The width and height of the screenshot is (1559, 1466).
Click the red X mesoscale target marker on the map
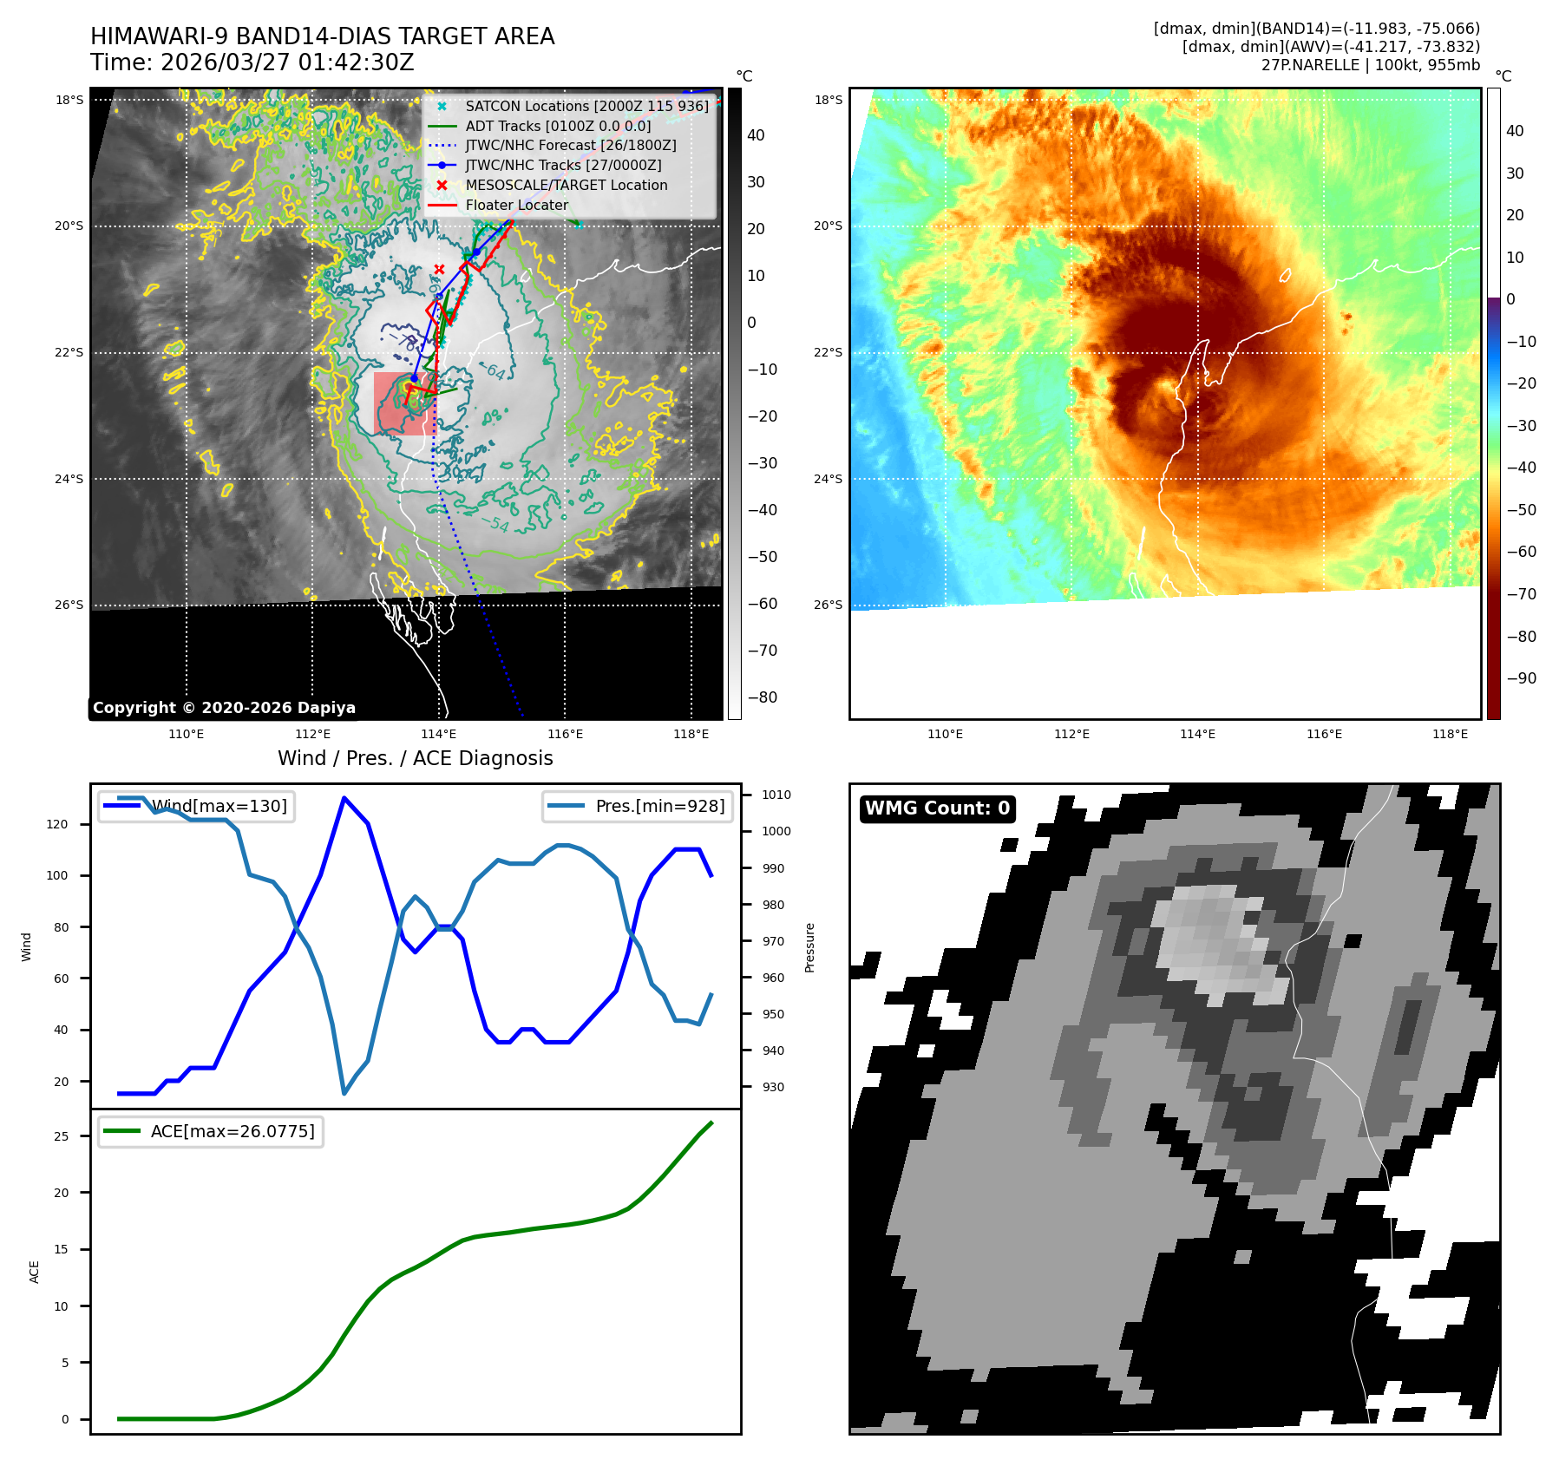[x=440, y=270]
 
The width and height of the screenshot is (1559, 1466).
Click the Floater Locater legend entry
[x=516, y=206]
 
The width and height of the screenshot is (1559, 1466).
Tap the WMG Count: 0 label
[x=937, y=808]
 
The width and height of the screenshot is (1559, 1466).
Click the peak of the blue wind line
[x=344, y=798]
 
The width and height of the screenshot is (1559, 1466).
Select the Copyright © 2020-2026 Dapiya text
[x=224, y=708]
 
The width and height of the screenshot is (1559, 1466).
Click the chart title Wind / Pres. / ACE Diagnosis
[x=415, y=758]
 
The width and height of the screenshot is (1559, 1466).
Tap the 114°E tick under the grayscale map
[x=438, y=734]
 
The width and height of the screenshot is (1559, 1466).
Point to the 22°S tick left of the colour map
[x=828, y=352]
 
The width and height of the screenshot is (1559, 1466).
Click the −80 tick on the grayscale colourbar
[x=763, y=697]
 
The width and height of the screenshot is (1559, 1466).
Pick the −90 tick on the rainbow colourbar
[x=1521, y=678]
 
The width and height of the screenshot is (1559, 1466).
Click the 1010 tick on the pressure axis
[x=776, y=795]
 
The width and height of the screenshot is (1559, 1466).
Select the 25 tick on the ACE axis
[x=62, y=1136]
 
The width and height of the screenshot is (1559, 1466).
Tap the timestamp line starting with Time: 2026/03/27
[x=252, y=62]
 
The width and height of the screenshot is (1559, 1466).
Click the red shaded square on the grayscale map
[x=401, y=404]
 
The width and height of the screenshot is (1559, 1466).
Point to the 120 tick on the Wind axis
[x=57, y=824]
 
